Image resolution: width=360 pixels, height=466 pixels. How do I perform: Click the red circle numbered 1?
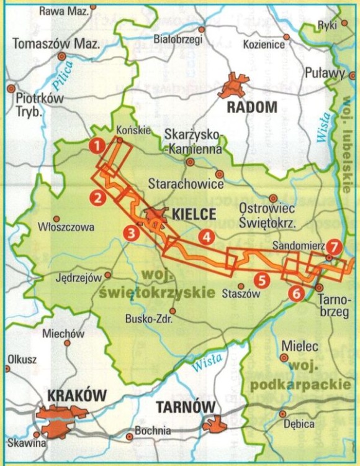pyautogui.click(x=96, y=146)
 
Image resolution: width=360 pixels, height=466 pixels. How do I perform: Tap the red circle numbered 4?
pyautogui.click(x=206, y=236)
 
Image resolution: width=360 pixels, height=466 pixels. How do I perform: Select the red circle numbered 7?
pyautogui.click(x=334, y=247)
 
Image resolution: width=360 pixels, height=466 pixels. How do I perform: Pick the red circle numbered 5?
pyautogui.click(x=262, y=280)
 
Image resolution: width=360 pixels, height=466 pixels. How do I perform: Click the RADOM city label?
pyautogui.click(x=251, y=107)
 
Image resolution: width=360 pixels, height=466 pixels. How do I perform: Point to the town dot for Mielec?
pyautogui.click(x=284, y=357)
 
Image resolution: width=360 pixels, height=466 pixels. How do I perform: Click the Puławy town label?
pyautogui.click(x=325, y=73)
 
